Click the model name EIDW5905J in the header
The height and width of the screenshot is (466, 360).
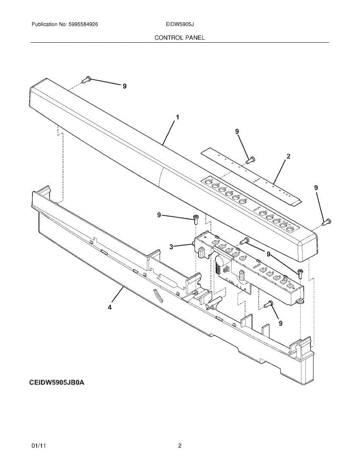point(179,24)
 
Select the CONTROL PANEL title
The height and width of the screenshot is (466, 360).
point(179,38)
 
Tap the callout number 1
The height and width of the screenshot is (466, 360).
point(177,116)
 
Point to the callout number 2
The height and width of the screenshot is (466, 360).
point(288,156)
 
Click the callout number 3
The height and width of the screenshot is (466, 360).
point(171,246)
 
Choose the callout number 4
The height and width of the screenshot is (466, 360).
point(110,307)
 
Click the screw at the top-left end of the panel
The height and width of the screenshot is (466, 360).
point(87,80)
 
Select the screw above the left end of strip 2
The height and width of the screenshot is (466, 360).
point(250,159)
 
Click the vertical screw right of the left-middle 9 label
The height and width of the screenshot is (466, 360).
point(196,219)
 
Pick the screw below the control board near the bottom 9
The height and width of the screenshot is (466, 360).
point(268,304)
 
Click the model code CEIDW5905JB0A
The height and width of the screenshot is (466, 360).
point(57,383)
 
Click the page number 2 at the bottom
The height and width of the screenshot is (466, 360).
point(179,446)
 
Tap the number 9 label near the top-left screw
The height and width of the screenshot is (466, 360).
point(124,86)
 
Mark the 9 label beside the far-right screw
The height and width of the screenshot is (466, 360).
point(316,188)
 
